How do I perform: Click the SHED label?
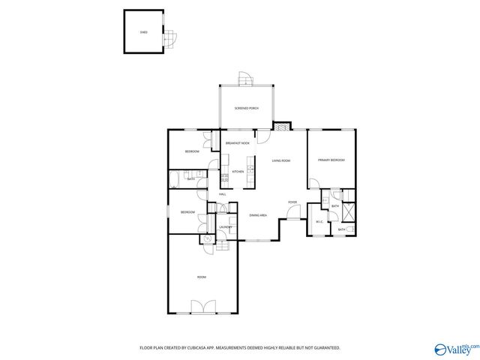tap(143, 33)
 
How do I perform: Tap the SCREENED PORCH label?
tap(246, 109)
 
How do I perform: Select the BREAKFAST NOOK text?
tap(238, 142)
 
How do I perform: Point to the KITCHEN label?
tap(238, 172)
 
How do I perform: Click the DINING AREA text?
tap(259, 215)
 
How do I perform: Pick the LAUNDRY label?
tap(225, 226)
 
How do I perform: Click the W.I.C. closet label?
tap(319, 221)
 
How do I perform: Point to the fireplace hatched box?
tap(281, 127)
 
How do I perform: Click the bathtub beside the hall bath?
tap(173, 178)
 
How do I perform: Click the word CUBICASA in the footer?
tap(191, 348)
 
